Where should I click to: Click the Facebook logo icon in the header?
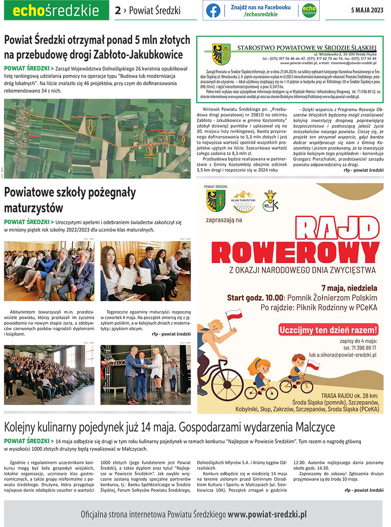[x=213, y=10]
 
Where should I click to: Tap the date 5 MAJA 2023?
[x=367, y=10]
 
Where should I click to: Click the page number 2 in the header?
[x=118, y=11]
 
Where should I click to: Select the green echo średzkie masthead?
[x=56, y=11]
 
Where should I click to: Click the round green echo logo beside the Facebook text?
[x=309, y=10]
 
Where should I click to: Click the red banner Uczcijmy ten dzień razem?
[x=328, y=329]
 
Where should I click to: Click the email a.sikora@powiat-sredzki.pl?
[x=342, y=355]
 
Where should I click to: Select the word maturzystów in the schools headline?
[x=33, y=207]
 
